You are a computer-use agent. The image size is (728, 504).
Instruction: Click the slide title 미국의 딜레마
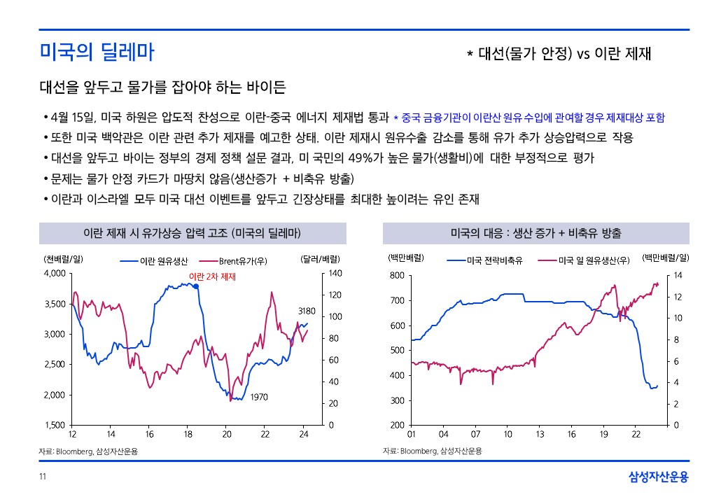coord(97,52)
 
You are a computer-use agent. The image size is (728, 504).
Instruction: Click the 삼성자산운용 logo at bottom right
coord(659,477)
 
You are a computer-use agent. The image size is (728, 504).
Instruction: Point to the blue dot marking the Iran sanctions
coord(196,286)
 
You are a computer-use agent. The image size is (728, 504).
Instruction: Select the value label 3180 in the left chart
coord(307,310)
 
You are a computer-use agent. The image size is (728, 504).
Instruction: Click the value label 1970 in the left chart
coord(259,397)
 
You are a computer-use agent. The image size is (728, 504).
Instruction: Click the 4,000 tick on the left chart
coord(54,273)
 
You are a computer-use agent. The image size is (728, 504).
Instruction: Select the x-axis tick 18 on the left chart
coord(188,435)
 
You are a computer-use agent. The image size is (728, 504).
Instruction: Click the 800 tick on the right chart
coord(398,276)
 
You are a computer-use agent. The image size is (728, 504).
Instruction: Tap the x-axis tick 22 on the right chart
coord(636,435)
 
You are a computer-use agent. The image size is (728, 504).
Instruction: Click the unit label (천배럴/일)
coord(64,258)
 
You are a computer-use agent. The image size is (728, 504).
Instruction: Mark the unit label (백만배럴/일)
coord(666,258)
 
